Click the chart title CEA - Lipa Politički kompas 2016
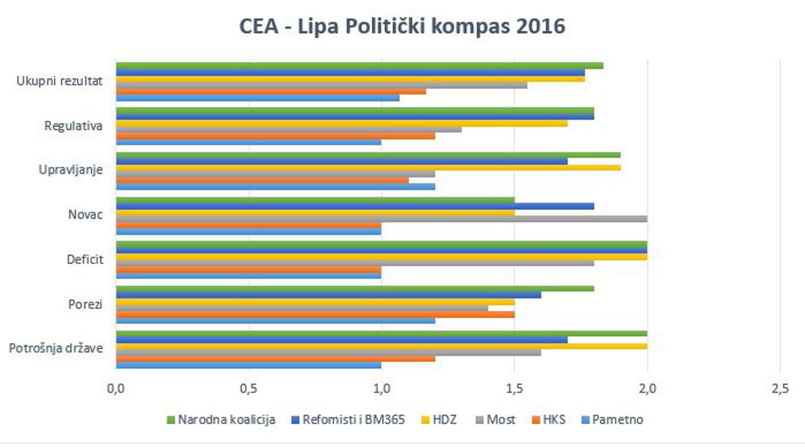pos(402,26)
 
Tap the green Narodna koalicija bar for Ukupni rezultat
pos(359,65)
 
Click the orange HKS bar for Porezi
pos(315,315)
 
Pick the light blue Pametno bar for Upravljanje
pos(276,187)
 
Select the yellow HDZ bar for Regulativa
pos(342,123)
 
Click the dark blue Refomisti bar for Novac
pos(355,206)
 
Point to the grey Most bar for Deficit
pos(355,263)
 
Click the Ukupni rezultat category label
pos(60,81)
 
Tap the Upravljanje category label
pos(71,170)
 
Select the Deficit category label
pos(85,260)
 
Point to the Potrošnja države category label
pos(56,348)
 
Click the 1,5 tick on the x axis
pos(514,389)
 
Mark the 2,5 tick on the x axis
pos(780,389)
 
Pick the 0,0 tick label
pos(116,389)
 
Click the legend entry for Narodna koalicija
pos(226,420)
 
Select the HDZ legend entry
pos(444,420)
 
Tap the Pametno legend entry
pos(617,420)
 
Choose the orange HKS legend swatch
pos(536,420)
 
